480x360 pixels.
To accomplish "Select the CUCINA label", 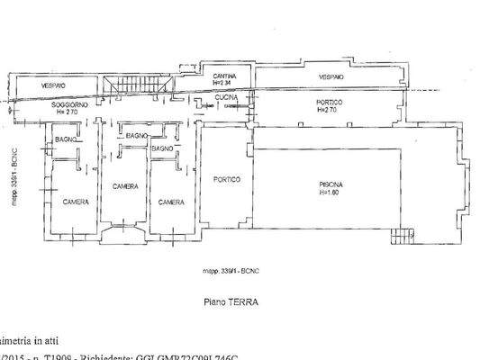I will [226, 96].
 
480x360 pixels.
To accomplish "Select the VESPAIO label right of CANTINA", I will [333, 78].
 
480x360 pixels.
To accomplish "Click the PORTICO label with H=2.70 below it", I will [330, 103].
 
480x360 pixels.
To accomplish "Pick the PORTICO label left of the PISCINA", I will [226, 179].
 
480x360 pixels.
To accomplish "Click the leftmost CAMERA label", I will [75, 202].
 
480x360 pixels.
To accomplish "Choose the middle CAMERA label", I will [124, 186].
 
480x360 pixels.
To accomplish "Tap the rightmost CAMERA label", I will [171, 202].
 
